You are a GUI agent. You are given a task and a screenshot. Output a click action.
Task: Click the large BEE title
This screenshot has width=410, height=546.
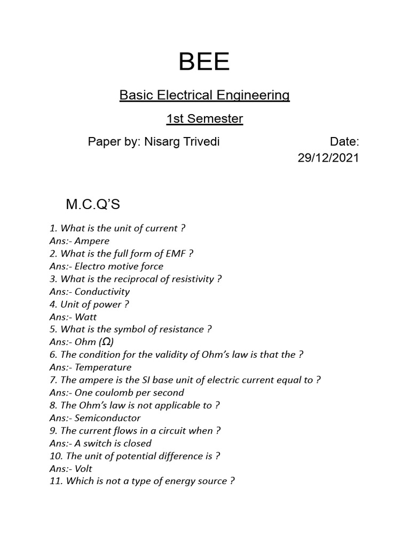[x=204, y=63]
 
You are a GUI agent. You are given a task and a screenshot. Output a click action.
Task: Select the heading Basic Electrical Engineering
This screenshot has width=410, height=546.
[x=204, y=95]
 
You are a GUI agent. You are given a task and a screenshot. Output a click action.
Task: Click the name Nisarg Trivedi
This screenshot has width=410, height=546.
[x=182, y=142]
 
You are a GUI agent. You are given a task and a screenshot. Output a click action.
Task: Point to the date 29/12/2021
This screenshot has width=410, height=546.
[x=328, y=158]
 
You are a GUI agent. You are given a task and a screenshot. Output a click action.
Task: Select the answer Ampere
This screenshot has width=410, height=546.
[x=92, y=241]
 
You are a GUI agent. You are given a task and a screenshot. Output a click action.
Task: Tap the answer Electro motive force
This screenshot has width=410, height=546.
[x=119, y=267]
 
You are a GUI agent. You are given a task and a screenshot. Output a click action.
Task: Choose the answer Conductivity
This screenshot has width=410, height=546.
[x=102, y=292]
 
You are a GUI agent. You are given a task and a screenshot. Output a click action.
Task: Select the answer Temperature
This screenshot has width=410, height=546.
[x=102, y=367]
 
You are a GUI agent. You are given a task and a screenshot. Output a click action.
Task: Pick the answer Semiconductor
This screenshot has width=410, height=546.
[x=107, y=418]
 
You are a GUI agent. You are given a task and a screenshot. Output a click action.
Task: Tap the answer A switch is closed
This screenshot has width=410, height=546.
[x=113, y=444]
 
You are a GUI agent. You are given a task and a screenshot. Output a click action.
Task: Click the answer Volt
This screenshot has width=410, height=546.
[x=83, y=469]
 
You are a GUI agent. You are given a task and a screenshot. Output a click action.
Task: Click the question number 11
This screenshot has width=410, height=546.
[x=55, y=481]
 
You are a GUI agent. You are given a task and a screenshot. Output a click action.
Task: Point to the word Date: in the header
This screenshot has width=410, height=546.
[x=344, y=142]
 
